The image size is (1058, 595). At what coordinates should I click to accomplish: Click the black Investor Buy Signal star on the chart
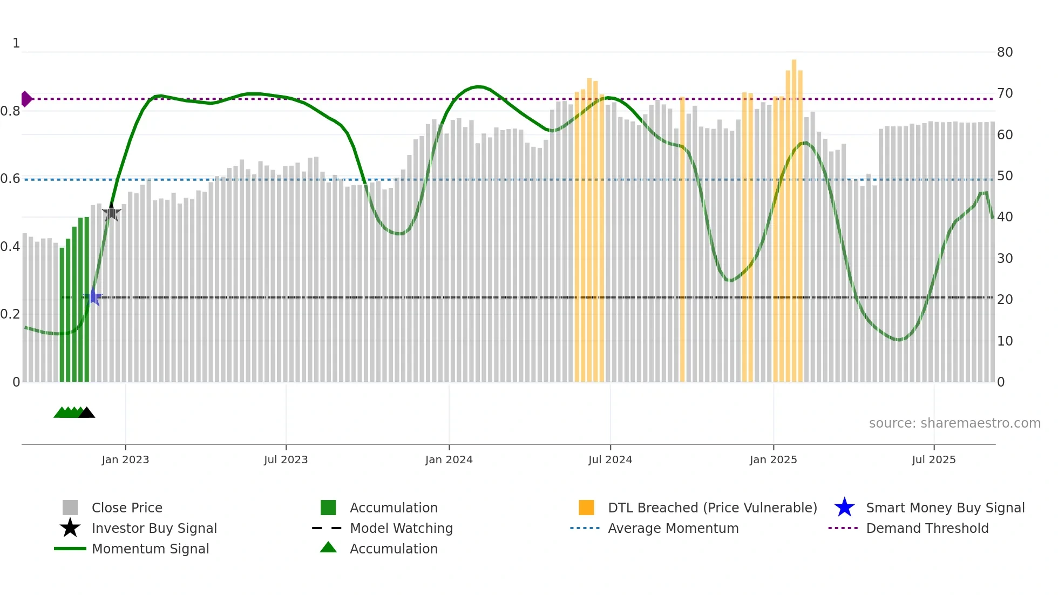(x=111, y=213)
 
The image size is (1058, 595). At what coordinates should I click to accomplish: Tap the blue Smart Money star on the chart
(x=93, y=297)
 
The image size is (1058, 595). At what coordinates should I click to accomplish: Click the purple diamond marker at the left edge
(x=26, y=99)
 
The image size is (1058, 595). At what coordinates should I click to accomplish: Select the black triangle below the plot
(x=86, y=413)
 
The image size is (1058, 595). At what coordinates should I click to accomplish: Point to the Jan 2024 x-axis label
(x=449, y=459)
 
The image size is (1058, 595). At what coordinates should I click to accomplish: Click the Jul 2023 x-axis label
(x=286, y=459)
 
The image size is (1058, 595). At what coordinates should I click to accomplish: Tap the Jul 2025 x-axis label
(x=933, y=459)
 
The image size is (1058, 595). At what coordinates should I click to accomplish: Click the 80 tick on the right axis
(x=1005, y=52)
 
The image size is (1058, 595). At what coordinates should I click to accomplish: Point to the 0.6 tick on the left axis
(x=10, y=179)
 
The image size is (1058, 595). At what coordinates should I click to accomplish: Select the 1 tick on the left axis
(x=16, y=43)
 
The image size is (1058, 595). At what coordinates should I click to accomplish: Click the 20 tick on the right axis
(x=1005, y=300)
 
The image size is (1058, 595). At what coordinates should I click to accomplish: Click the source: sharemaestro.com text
(x=954, y=423)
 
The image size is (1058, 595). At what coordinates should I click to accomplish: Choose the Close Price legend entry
(x=127, y=508)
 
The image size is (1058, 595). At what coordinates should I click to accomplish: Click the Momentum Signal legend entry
(x=150, y=549)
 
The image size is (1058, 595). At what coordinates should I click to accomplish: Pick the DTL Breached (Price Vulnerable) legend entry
(x=712, y=508)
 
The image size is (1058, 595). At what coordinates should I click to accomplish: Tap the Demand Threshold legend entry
(x=927, y=528)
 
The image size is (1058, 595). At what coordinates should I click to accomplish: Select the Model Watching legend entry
(x=401, y=528)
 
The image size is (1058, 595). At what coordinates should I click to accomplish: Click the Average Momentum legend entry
(x=673, y=528)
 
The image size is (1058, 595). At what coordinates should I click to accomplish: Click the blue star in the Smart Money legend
(x=844, y=508)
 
